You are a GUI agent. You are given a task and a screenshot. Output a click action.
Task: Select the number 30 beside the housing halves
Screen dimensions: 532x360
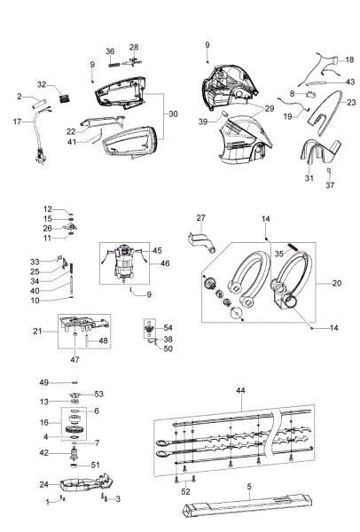pyautogui.click(x=173, y=113)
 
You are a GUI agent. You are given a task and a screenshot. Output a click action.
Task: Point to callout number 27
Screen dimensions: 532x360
pyautogui.click(x=200, y=217)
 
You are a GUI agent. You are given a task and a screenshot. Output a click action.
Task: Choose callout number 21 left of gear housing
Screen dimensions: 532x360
pyautogui.click(x=38, y=331)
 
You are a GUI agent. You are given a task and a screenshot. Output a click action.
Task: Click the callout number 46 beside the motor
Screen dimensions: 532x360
pyautogui.click(x=165, y=264)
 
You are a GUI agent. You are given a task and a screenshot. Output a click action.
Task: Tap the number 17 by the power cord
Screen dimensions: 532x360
pyautogui.click(x=16, y=121)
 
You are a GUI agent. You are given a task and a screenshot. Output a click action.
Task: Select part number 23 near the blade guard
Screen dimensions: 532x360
pyautogui.click(x=351, y=102)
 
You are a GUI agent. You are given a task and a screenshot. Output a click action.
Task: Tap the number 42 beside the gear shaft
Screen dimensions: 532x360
pyautogui.click(x=43, y=453)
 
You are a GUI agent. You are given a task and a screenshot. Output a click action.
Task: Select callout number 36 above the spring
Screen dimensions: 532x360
pyautogui.click(x=111, y=51)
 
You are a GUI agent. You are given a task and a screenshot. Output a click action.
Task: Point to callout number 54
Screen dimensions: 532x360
pyautogui.click(x=168, y=328)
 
